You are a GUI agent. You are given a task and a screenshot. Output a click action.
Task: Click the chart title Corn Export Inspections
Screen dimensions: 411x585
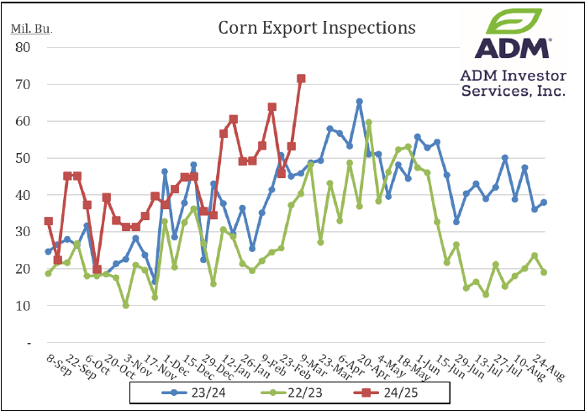317,28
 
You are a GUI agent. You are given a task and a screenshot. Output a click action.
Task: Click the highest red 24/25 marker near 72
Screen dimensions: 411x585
301,78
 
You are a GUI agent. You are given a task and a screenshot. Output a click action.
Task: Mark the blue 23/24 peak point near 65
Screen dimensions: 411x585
360,102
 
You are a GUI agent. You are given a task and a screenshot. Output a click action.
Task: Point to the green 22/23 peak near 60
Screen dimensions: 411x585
369,123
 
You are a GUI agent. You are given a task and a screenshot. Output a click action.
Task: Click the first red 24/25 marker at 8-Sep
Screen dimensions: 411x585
48,221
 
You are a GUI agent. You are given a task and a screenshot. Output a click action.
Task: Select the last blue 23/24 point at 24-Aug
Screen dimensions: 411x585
545,203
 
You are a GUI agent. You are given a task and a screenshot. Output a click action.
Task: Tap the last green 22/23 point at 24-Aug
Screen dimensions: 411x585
545,272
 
